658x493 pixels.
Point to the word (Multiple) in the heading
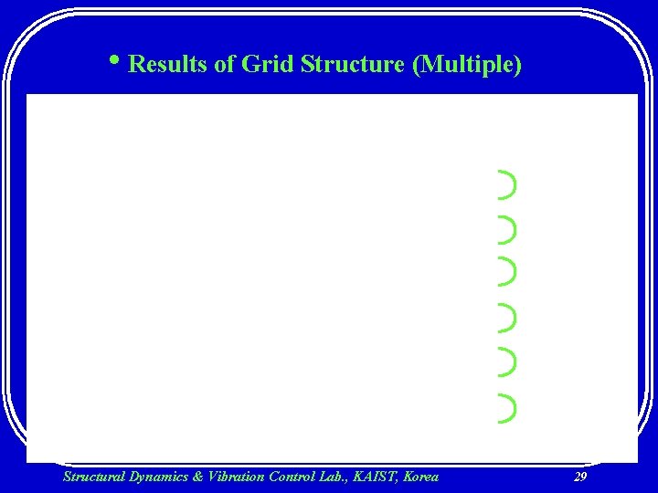[468, 65]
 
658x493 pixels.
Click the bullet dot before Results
[117, 62]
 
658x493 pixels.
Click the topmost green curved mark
[507, 184]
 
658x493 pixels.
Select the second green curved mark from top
[507, 230]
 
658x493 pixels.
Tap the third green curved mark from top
[507, 270]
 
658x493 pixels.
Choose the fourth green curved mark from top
[507, 317]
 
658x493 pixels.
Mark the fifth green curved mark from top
[507, 362]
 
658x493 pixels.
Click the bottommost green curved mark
[507, 407]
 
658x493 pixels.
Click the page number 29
[579, 477]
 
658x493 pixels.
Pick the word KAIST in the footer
[378, 476]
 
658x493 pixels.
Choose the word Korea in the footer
[420, 476]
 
